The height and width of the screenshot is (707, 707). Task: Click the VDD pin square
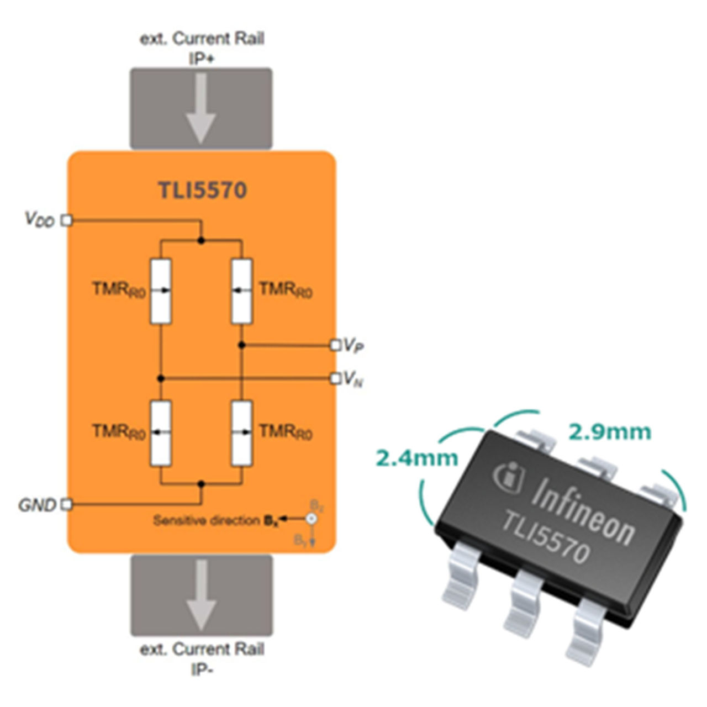[x=66, y=220]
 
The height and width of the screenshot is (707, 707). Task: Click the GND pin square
[x=66, y=504]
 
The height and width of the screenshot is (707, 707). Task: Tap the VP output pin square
[x=335, y=345]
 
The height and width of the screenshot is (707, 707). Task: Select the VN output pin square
[x=335, y=378]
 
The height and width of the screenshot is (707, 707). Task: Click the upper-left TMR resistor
[x=161, y=291]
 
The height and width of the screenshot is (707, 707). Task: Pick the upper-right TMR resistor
[x=241, y=291]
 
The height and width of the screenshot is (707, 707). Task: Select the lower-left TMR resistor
[x=161, y=433]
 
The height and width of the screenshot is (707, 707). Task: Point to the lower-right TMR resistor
[x=241, y=433]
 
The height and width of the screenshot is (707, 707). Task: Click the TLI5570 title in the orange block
[x=203, y=190]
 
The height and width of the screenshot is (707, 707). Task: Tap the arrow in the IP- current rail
[x=200, y=595]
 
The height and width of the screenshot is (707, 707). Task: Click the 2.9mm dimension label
[x=610, y=432]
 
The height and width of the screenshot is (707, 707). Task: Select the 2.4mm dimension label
[x=417, y=458]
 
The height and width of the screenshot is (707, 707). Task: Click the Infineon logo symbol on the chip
[x=509, y=477]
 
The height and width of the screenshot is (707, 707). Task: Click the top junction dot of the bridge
[x=201, y=241]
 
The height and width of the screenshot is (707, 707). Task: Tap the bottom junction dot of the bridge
[x=201, y=484]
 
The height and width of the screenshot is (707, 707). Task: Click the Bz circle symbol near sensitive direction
[x=312, y=519]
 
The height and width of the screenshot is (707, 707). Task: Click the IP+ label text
[x=202, y=59]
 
